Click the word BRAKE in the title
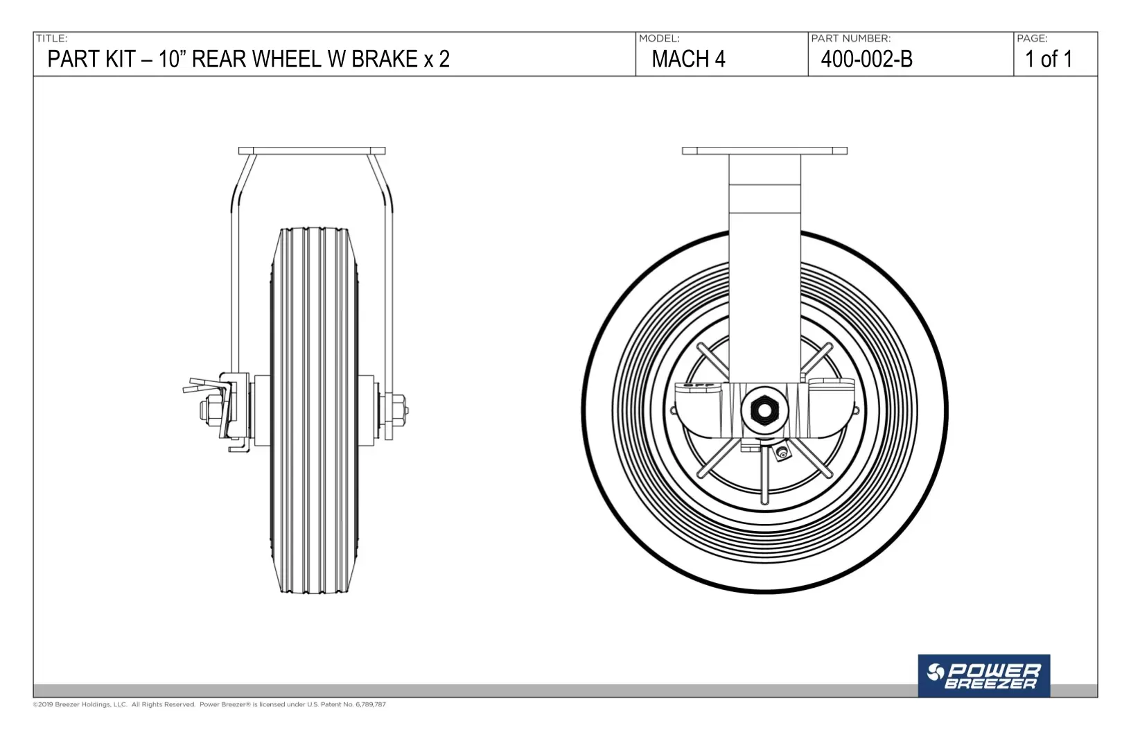[x=385, y=59]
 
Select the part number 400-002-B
[x=866, y=59]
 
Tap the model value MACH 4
[x=688, y=59]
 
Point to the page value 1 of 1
[x=1049, y=59]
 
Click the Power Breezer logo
[x=983, y=675]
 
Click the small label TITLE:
[x=51, y=38]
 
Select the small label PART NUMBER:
[x=851, y=38]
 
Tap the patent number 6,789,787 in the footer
[x=371, y=704]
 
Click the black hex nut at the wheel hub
[x=764, y=410]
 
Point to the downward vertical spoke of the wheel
[x=764, y=474]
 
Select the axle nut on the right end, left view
[x=399, y=410]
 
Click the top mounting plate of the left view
[x=312, y=151]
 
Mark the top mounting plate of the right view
[x=764, y=151]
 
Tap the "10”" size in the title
[x=173, y=59]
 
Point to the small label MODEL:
[x=660, y=38]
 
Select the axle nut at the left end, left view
[x=209, y=410]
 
